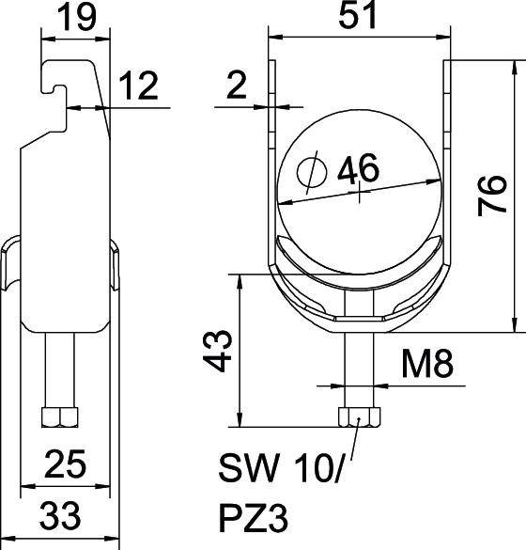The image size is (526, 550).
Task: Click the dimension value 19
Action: (x=76, y=17)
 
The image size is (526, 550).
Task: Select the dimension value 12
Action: (x=138, y=86)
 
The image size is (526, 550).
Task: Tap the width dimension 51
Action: (x=358, y=14)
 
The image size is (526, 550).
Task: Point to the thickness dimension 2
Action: (x=237, y=85)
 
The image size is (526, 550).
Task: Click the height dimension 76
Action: (x=492, y=196)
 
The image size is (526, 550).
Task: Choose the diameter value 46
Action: (x=358, y=168)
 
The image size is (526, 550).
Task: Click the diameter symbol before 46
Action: (x=312, y=172)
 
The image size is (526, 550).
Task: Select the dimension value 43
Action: (x=217, y=351)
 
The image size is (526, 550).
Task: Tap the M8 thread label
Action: (x=427, y=365)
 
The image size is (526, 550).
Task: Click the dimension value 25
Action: (x=65, y=464)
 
